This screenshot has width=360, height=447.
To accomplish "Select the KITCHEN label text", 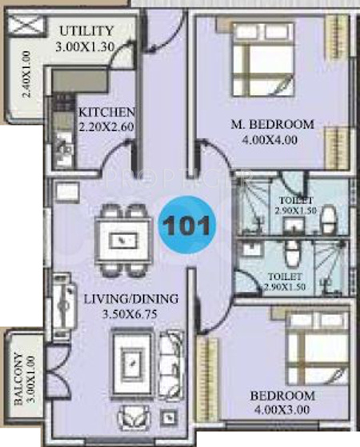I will (106, 112).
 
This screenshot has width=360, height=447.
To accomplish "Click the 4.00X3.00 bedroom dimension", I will (282, 410).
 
